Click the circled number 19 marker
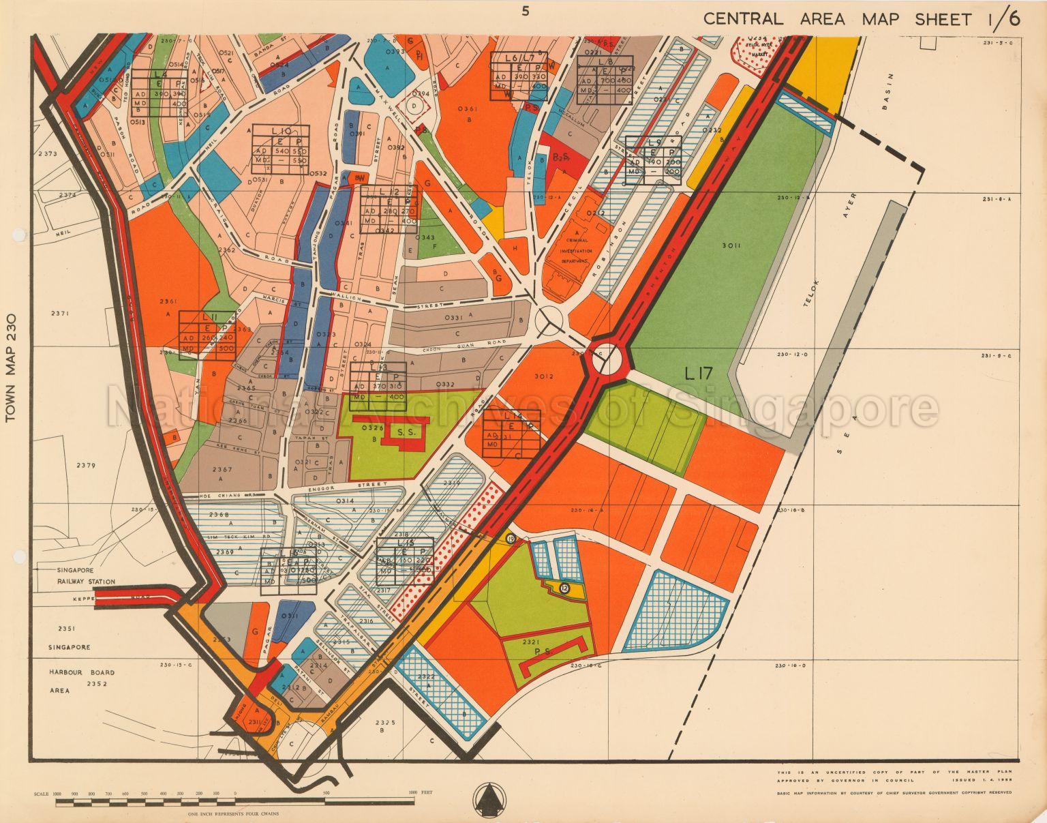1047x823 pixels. pyautogui.click(x=511, y=539)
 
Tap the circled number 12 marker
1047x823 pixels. pyautogui.click(x=564, y=588)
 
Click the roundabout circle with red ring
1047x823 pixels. pyautogui.click(x=607, y=359)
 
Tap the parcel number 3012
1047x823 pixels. pyautogui.click(x=544, y=376)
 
